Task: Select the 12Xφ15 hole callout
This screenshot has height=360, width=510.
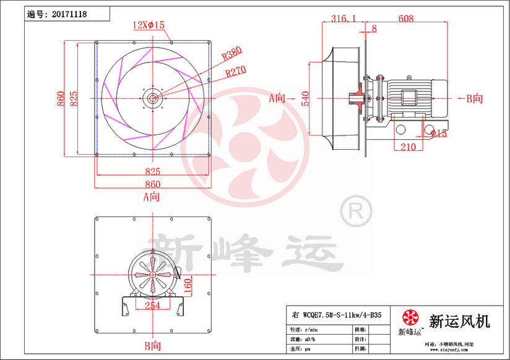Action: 149,25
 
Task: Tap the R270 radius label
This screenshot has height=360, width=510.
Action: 236,71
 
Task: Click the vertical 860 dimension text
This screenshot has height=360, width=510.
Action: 61,98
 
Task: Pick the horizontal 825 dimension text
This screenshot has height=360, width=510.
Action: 152,171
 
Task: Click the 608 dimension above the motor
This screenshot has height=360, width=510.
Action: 406,19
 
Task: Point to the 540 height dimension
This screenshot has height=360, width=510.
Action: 305,98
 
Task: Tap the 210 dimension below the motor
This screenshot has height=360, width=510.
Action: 407,147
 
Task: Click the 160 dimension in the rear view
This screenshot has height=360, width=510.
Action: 188,286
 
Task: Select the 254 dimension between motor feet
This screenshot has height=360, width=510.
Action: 152,305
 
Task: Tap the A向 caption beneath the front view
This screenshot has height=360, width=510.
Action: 152,197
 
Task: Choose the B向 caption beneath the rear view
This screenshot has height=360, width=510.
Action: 152,345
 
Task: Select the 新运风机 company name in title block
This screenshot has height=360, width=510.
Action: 459,321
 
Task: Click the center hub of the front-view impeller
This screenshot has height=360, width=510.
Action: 152,98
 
